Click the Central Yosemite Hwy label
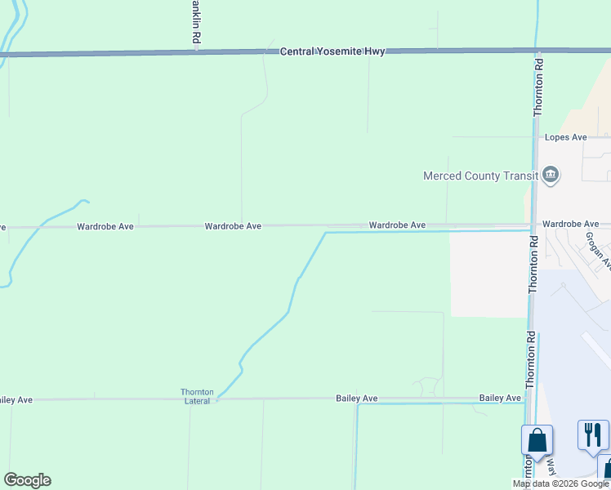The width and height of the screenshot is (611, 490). (332, 51)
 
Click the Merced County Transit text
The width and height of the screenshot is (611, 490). (480, 176)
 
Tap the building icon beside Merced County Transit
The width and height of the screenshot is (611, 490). (551, 175)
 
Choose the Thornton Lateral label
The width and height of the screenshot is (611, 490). (197, 396)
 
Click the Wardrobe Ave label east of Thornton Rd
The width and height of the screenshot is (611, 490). (570, 224)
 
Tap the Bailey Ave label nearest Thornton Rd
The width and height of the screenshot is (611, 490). (500, 398)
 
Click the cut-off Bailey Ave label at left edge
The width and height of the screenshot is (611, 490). (16, 399)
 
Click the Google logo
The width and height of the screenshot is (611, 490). (27, 480)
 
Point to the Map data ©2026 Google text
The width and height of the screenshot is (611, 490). (561, 483)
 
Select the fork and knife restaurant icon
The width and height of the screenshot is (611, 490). (593, 434)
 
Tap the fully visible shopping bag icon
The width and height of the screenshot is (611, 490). (537, 440)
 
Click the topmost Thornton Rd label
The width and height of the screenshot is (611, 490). (538, 87)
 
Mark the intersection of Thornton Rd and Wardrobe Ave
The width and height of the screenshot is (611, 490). (533, 226)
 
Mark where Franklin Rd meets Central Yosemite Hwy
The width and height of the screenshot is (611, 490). (197, 53)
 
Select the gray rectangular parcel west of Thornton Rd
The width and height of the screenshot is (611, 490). (488, 274)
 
